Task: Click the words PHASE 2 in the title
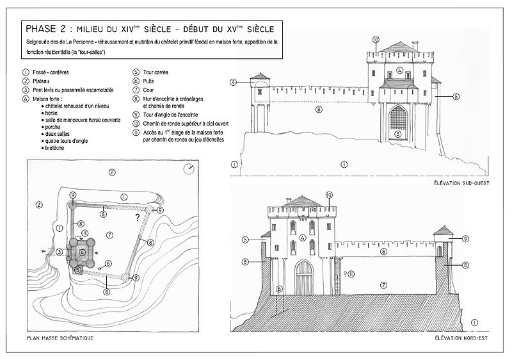click(x=45, y=29)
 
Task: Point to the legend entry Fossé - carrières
click(x=51, y=72)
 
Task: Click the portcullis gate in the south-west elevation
click(x=397, y=119)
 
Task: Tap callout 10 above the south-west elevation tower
click(x=376, y=40)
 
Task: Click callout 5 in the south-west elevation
click(x=455, y=96)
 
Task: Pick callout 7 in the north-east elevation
click(x=383, y=284)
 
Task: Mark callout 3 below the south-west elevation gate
click(x=398, y=135)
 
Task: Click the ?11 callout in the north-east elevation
click(x=349, y=274)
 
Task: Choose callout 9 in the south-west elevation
click(x=234, y=82)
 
